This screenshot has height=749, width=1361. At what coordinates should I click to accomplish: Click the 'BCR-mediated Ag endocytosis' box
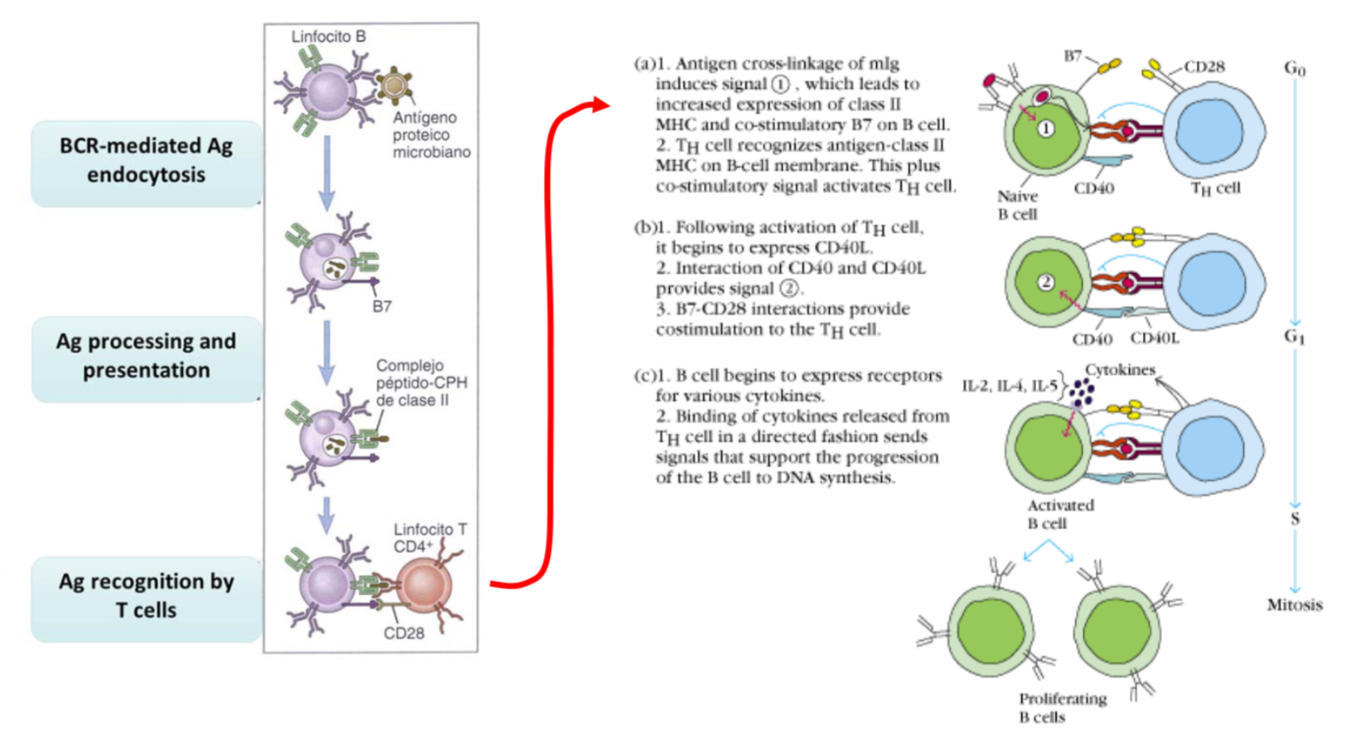click(145, 161)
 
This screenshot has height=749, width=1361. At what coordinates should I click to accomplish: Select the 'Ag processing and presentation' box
click(145, 356)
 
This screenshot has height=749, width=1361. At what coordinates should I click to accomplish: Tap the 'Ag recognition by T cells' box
click(145, 597)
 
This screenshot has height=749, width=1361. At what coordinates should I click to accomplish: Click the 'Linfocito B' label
click(328, 37)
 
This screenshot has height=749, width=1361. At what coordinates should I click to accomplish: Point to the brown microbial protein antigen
click(394, 86)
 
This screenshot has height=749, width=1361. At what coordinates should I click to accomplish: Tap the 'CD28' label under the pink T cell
click(404, 633)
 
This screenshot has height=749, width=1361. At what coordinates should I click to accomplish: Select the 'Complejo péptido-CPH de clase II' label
click(421, 383)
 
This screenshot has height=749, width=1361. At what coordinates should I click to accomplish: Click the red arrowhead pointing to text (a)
click(601, 104)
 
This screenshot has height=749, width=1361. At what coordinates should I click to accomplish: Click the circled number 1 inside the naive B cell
click(1045, 128)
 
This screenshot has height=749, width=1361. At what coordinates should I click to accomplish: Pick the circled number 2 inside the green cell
click(1045, 282)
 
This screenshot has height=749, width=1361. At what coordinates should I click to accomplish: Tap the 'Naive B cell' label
click(1016, 205)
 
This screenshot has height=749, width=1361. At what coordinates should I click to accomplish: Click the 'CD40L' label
click(1154, 339)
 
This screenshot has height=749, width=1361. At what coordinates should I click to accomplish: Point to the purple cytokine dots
click(1082, 394)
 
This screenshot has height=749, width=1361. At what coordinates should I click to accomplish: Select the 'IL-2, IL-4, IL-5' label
click(1009, 386)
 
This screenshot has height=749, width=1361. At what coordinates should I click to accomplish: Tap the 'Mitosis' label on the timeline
click(1293, 605)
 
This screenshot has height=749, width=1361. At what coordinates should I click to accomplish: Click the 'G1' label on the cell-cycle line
click(1293, 336)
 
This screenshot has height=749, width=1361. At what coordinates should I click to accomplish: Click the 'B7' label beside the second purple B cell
click(382, 306)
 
